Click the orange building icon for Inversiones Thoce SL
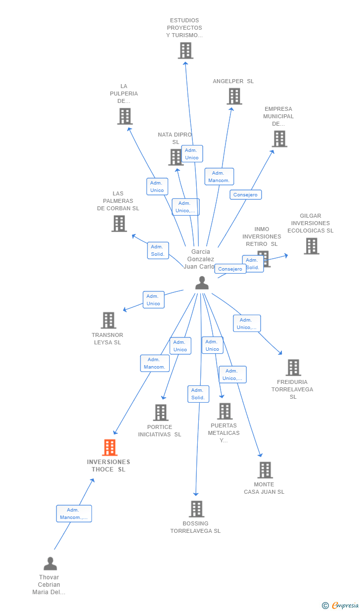click(109, 447)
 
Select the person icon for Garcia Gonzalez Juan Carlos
click(202, 282)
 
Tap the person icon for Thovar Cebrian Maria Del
click(50, 564)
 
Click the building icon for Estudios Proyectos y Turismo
click(185, 50)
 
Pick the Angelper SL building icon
click(234, 96)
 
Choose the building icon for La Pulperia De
click(125, 116)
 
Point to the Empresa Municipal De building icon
click(279, 139)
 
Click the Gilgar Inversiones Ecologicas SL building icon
click(311, 246)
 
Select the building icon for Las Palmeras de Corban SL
click(119, 224)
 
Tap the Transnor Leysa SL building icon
click(108, 320)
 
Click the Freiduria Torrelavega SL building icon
click(293, 368)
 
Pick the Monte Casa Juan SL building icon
click(265, 470)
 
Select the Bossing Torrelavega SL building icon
click(196, 509)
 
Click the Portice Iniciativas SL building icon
click(160, 413)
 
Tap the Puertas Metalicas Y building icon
click(225, 411)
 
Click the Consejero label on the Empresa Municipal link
click(246, 195)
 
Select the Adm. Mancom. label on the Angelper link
click(219, 177)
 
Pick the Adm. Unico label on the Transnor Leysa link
click(153, 300)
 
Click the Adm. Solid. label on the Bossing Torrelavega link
click(198, 394)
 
